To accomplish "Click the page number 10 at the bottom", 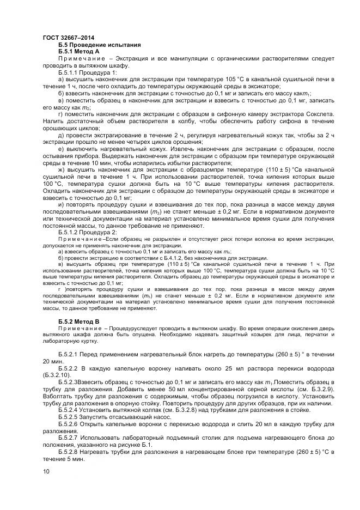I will [46, 471].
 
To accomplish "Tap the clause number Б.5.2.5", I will [69, 416].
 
